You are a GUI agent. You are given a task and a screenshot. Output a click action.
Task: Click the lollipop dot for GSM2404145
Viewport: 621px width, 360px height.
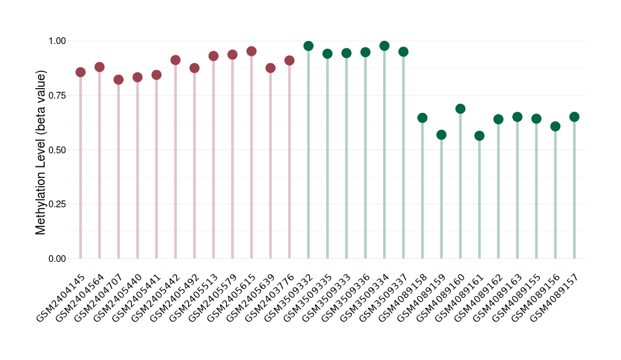[x=80, y=72]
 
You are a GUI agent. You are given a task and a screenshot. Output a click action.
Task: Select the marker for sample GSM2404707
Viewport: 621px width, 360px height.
[x=119, y=79]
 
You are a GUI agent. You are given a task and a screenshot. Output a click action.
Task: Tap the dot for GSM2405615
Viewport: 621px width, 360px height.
[x=252, y=52]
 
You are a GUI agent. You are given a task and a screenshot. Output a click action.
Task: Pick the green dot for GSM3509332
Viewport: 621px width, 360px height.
[x=309, y=46]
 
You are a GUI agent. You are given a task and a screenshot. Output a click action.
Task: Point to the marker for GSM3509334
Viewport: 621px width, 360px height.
[x=384, y=46]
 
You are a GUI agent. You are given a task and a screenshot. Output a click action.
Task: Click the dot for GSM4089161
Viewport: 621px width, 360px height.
[x=479, y=136]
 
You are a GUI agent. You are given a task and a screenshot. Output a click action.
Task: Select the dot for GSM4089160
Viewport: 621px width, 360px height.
[x=460, y=109]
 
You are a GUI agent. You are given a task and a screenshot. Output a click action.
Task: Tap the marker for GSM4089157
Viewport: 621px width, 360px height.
[x=574, y=117]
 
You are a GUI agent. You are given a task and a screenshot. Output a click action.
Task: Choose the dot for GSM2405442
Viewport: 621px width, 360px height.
[x=176, y=60]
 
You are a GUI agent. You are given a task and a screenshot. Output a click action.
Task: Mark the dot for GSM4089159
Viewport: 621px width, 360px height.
[x=442, y=135]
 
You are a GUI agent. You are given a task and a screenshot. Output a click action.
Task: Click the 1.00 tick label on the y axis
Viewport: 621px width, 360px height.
[x=57, y=41]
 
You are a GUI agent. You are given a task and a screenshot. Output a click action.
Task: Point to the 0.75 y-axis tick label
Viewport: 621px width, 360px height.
[x=57, y=95]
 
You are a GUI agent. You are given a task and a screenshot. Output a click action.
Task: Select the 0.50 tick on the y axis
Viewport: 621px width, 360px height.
[x=57, y=150]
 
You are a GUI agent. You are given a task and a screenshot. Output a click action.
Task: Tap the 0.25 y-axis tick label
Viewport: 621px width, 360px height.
[x=57, y=204]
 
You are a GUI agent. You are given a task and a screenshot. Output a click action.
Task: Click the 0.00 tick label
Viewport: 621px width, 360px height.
[x=57, y=258]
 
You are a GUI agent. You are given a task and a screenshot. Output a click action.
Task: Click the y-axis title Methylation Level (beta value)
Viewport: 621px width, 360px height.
[x=41, y=152]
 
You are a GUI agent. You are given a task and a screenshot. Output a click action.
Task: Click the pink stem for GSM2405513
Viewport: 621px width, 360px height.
[x=214, y=161]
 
